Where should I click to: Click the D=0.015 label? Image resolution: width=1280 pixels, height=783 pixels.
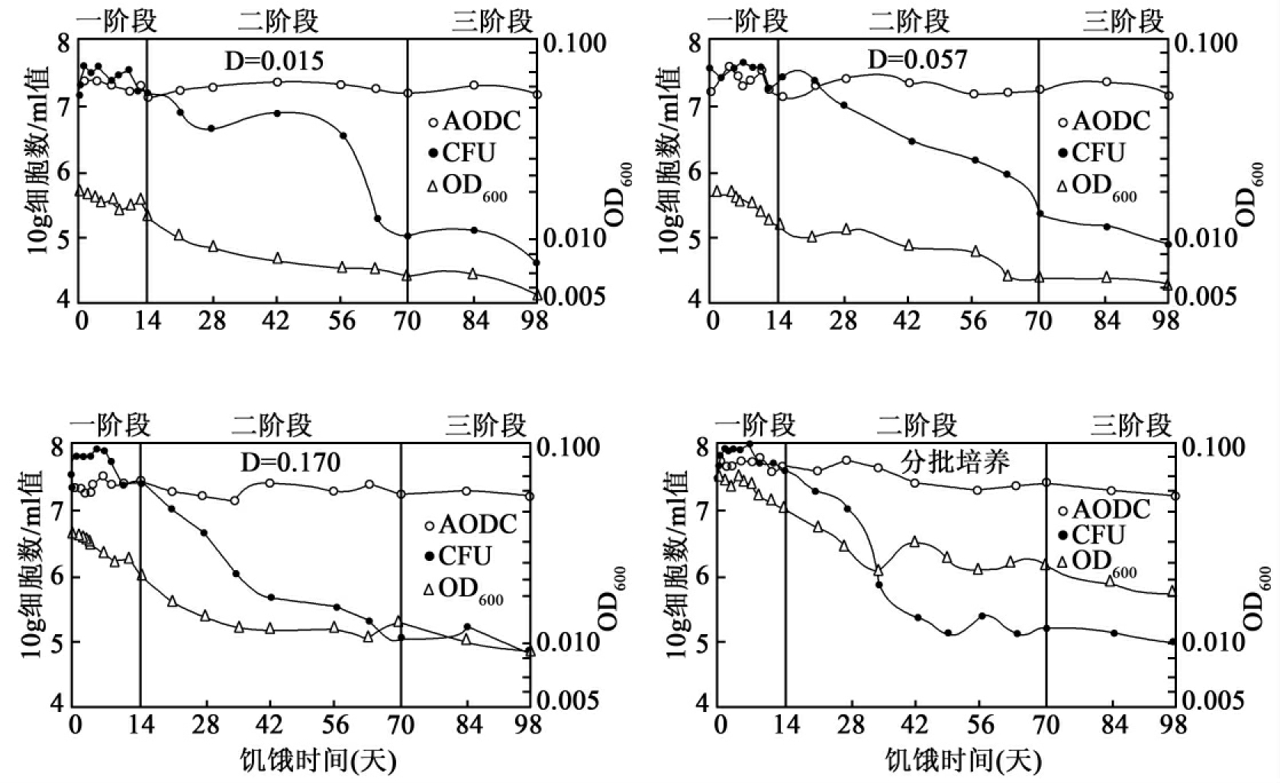tap(273, 60)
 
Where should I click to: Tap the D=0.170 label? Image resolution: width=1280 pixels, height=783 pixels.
tap(290, 462)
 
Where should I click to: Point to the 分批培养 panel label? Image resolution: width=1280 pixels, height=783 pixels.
tap(955, 461)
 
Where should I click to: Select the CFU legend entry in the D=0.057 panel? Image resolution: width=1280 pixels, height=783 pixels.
tap(1091, 153)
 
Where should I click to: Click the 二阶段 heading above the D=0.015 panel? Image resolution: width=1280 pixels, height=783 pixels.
tap(278, 21)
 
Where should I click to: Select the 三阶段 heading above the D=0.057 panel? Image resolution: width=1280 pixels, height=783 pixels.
tap(1123, 21)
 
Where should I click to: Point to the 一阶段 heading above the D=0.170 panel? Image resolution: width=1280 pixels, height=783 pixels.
tap(111, 424)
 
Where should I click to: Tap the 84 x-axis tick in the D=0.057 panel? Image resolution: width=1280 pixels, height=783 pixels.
tap(1106, 321)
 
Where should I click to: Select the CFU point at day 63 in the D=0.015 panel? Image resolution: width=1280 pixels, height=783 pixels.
tap(378, 219)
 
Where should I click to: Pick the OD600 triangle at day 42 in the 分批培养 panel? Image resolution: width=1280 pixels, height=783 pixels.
tap(915, 542)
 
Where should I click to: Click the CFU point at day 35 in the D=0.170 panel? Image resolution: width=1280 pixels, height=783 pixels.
tap(236, 574)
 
